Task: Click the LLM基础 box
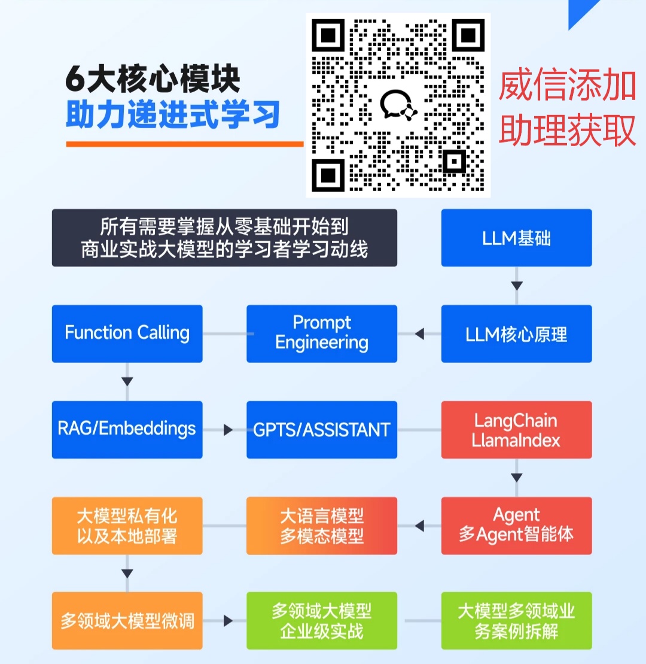[516, 238]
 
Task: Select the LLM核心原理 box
[516, 333]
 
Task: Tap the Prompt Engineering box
[322, 333]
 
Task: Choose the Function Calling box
[127, 333]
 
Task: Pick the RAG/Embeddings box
[127, 429]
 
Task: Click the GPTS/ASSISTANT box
[322, 429]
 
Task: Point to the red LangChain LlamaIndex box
[516, 429]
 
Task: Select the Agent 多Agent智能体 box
[516, 525]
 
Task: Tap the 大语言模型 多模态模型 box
[322, 525]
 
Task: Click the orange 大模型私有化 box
[127, 525]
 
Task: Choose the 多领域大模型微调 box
[127, 621]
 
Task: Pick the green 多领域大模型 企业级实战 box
[322, 621]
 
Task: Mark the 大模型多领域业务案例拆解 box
[516, 621]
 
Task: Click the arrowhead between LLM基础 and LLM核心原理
[516, 286]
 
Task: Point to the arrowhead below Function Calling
[127, 381]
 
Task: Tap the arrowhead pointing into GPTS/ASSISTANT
[228, 429]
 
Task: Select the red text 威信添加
[567, 86]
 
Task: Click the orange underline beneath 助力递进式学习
[185, 144]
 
